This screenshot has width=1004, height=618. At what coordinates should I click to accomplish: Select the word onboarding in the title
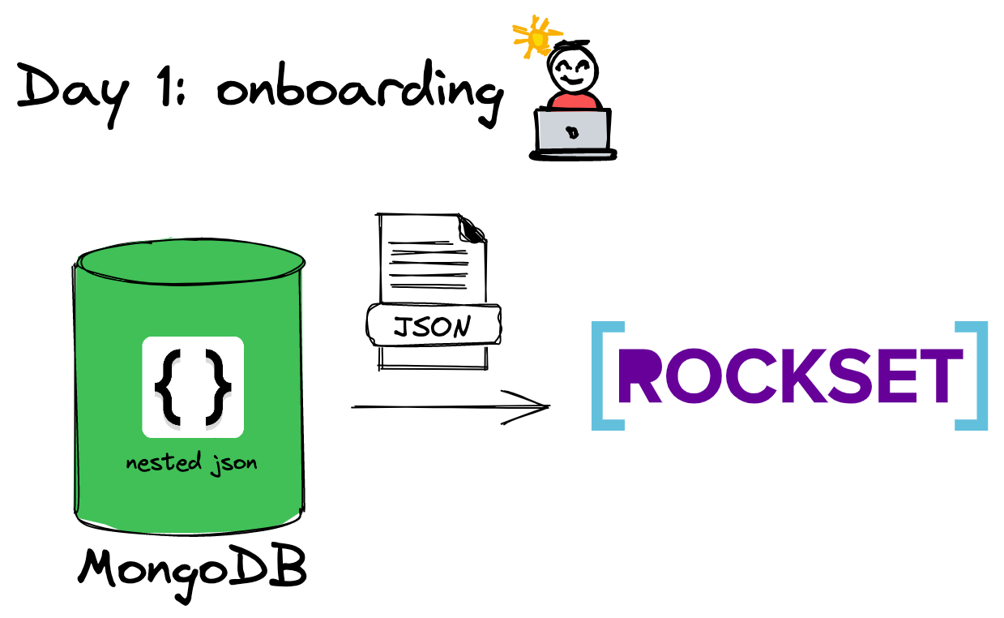357,91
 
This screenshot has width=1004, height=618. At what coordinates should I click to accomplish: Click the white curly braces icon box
193,387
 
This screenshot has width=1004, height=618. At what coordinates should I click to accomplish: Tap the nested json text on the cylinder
191,463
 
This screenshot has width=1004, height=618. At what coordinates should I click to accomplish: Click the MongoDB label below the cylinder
193,569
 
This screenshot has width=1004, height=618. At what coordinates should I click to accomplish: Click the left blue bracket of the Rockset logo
604,376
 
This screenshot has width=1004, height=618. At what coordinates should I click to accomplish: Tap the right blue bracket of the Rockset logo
975,376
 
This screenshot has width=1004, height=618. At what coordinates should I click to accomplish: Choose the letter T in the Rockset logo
940,376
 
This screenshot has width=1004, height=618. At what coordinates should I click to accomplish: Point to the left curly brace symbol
167,388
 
